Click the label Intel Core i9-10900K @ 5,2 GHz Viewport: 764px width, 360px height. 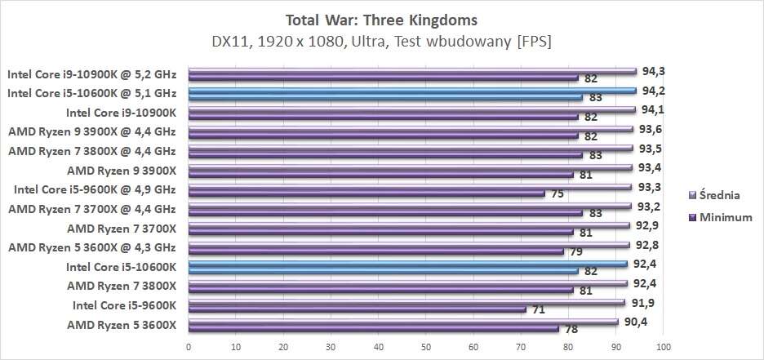(91, 73)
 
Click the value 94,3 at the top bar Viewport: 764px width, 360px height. (653, 70)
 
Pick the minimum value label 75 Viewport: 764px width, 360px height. (558, 193)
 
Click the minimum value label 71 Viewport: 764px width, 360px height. (538, 309)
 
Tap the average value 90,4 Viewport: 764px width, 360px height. (634, 321)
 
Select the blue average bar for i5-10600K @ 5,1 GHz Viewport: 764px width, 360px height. (411, 90)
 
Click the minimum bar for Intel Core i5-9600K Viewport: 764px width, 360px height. (357, 309)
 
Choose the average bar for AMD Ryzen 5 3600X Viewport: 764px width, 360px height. (403, 322)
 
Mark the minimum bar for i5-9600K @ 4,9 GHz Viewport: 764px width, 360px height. (366, 193)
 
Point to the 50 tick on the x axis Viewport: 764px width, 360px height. (426, 346)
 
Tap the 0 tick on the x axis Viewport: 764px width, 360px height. (189, 346)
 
